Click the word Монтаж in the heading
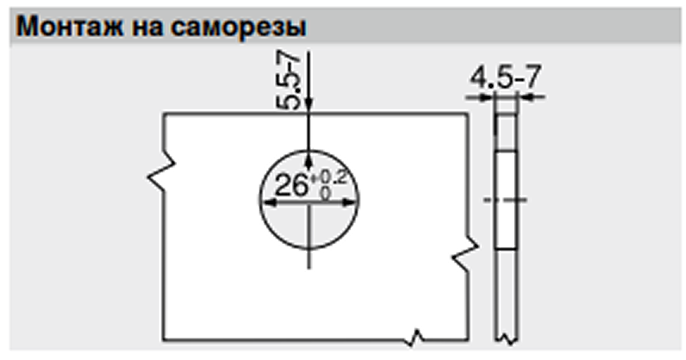tap(70, 27)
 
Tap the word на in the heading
tap(147, 28)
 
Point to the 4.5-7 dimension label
tap(506, 77)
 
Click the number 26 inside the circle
tap(291, 185)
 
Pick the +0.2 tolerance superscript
tap(328, 177)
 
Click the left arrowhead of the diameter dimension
tap(270, 202)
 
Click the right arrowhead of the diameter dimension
tap(349, 202)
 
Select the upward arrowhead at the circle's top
tap(309, 161)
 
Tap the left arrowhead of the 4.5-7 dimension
tap(486, 98)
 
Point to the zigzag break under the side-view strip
tap(506, 339)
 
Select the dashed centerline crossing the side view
tap(505, 200)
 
